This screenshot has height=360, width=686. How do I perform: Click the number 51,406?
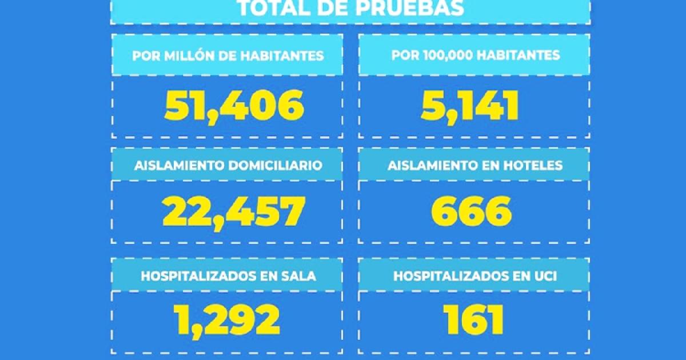pos(234,106)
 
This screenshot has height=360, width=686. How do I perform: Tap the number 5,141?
pos(470,106)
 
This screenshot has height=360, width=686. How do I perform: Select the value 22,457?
pos(234,213)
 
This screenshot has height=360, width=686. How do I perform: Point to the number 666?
pos(471,211)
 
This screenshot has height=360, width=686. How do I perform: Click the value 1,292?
pos(226,321)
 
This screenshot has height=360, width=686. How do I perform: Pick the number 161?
pos(473,319)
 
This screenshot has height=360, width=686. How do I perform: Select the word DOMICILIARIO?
pos(276,165)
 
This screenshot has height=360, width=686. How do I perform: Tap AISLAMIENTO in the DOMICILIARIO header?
pos(180,165)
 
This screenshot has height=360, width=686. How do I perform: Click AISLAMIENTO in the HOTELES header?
pos(433,165)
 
